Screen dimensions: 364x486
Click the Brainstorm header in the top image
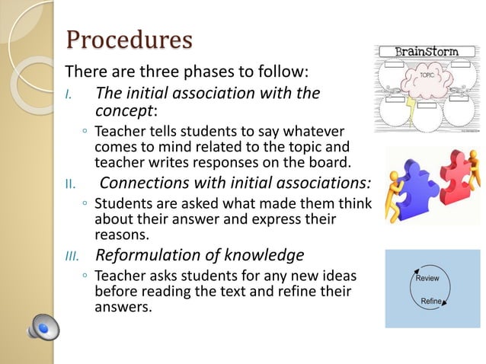426,52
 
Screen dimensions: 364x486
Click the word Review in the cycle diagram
429,279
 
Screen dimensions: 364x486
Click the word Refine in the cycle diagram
431,302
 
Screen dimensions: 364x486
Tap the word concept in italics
123,111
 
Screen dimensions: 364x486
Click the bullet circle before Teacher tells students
84,133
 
